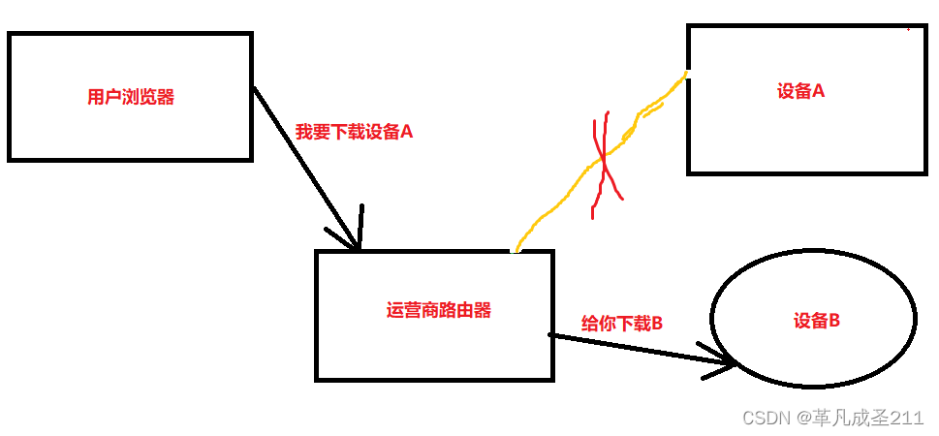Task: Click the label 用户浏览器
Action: coord(131,97)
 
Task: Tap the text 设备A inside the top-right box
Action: coord(800,91)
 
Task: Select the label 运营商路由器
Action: coord(438,311)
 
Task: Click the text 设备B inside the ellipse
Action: coord(815,319)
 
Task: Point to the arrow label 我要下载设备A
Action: coord(354,132)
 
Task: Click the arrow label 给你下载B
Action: coord(621,324)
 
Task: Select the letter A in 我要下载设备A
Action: coord(406,132)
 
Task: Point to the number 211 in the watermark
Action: coord(907,418)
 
